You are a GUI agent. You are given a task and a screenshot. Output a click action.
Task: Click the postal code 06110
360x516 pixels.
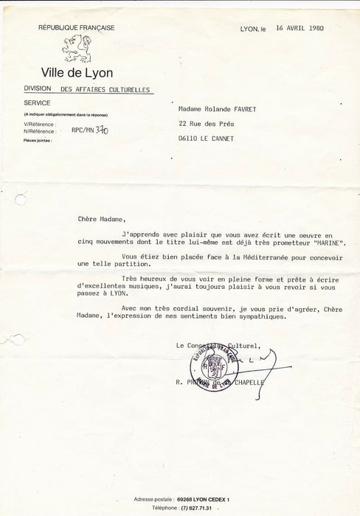(190, 139)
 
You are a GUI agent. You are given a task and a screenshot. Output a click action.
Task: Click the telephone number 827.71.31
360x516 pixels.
(202, 508)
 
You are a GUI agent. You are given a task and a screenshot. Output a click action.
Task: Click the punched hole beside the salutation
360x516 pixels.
(21, 200)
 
